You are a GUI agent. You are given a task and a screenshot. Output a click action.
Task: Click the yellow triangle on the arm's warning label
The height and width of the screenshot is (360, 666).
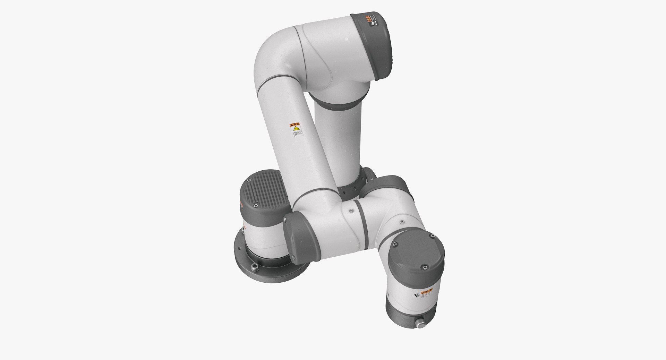pyautogui.click(x=296, y=129)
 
